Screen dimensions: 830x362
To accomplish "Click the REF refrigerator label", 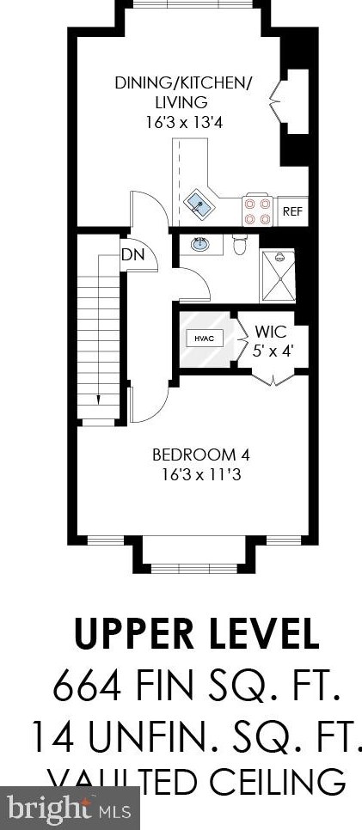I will point(292,210).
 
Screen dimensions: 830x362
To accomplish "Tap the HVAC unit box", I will point(204,339).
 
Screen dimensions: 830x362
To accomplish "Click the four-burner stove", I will point(257,210).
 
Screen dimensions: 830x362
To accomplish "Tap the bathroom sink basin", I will point(201,245).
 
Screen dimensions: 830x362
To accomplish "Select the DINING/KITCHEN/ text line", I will point(184,83).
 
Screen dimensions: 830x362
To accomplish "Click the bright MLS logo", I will point(69,808).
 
